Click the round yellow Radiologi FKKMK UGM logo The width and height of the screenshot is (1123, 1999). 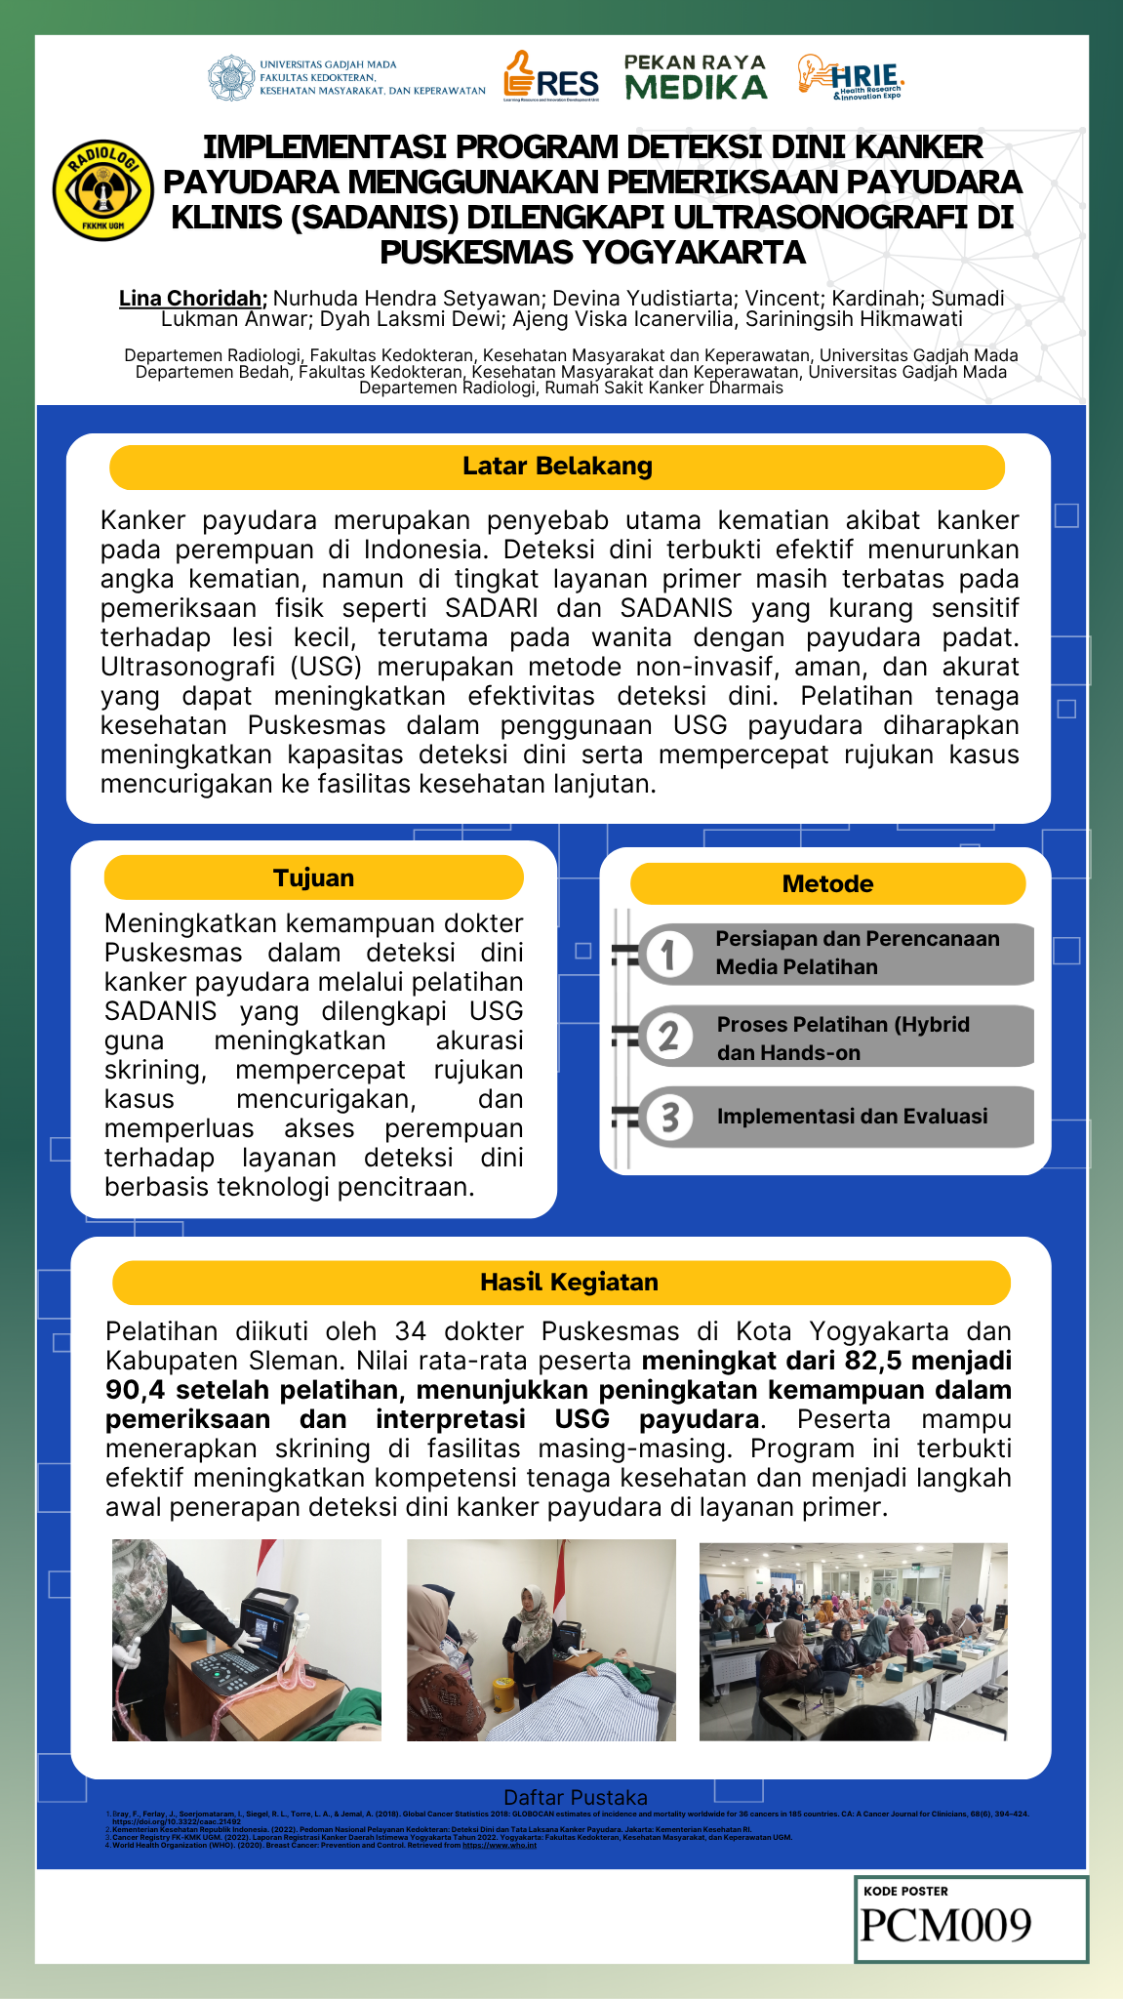[102, 189]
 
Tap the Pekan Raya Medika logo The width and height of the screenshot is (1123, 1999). [696, 78]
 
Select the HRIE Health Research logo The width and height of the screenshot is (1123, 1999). [851, 77]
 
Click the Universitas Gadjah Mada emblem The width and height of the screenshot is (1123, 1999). [231, 78]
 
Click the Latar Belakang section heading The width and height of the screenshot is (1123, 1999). [557, 467]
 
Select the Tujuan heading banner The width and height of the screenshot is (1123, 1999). [313, 877]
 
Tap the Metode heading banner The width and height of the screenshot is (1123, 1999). [827, 883]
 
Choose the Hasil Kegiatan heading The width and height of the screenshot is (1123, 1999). [569, 1282]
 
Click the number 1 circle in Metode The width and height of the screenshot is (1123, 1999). [668, 954]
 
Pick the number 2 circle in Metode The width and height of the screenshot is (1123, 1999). [668, 1036]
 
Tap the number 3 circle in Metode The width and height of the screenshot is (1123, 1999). [669, 1118]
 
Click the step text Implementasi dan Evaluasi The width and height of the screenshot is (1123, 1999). [852, 1117]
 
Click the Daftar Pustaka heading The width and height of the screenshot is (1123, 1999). [575, 1797]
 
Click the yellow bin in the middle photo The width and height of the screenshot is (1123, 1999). [501, 1697]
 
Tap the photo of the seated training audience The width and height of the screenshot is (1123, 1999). [853, 1641]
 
